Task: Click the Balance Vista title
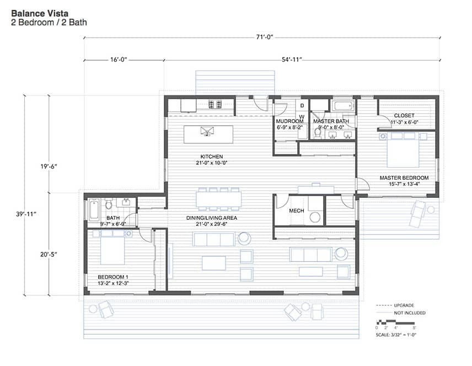point(40,13)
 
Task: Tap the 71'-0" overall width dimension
point(264,37)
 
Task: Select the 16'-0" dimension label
point(119,60)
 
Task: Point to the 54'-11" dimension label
point(292,60)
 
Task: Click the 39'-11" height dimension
point(26,214)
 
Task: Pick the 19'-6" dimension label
point(49,166)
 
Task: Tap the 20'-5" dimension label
point(49,254)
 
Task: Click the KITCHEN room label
point(212,157)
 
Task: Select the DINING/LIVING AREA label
point(212,218)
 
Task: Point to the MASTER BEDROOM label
point(404,177)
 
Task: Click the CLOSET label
point(404,115)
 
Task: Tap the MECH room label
point(297,211)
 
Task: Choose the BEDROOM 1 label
point(113,277)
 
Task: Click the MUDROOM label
point(289,121)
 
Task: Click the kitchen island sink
point(208,131)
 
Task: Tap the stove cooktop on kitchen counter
point(215,104)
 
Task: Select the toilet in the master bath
point(317,132)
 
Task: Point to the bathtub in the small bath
point(94,210)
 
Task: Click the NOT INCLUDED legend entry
point(410,313)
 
